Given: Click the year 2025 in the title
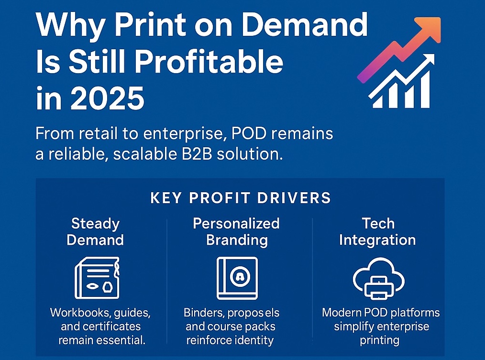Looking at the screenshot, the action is pos(107,98).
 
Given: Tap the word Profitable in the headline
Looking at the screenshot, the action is pos(209,62).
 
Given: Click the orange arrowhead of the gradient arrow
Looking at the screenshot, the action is pos(429,29).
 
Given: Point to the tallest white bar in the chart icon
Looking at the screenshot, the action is pos(424,89).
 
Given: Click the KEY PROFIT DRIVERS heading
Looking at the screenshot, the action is pos(241,198).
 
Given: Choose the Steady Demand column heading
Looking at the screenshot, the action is pos(95,232).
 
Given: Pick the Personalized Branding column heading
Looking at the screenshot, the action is pos(236,232).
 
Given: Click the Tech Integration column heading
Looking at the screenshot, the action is pos(378,232).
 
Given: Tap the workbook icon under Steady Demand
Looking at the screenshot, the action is pos(97,278).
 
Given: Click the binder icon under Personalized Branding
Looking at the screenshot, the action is pos(237,278).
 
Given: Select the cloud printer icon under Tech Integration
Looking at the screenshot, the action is pos(379,278).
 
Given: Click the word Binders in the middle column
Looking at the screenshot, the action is pos(204,313).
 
